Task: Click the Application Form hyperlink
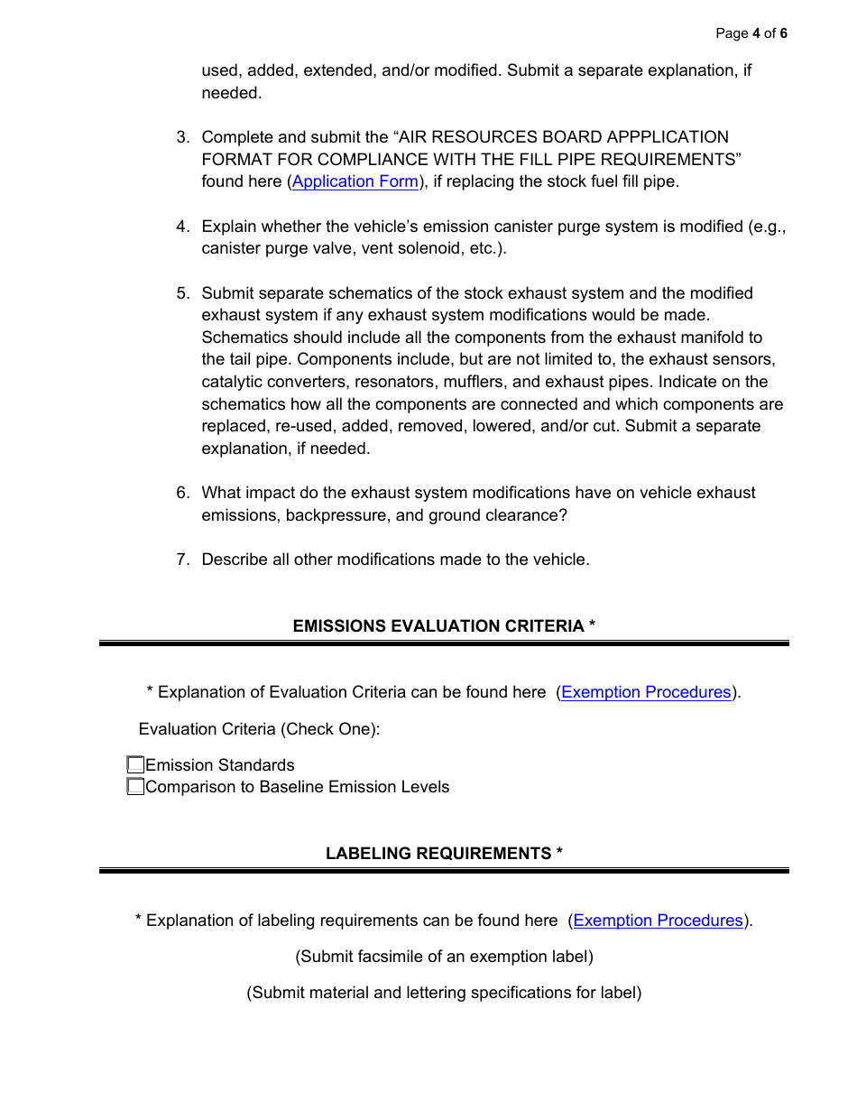pyautogui.click(x=355, y=181)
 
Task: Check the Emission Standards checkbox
pyautogui.click(x=135, y=765)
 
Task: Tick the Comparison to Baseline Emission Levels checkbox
pyautogui.click(x=135, y=787)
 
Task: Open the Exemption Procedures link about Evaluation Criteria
pyautogui.click(x=646, y=692)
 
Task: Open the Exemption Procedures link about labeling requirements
pyautogui.click(x=658, y=920)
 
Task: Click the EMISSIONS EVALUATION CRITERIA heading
pyautogui.click(x=444, y=626)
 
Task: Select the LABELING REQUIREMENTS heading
pyautogui.click(x=444, y=854)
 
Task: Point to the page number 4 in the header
pyautogui.click(x=756, y=33)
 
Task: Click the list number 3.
pyautogui.click(x=182, y=137)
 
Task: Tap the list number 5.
pyautogui.click(x=182, y=293)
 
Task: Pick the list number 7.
pyautogui.click(x=182, y=560)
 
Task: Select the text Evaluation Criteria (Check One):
pyautogui.click(x=259, y=729)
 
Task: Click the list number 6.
pyautogui.click(x=182, y=493)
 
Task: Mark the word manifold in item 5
pyautogui.click(x=705, y=338)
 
